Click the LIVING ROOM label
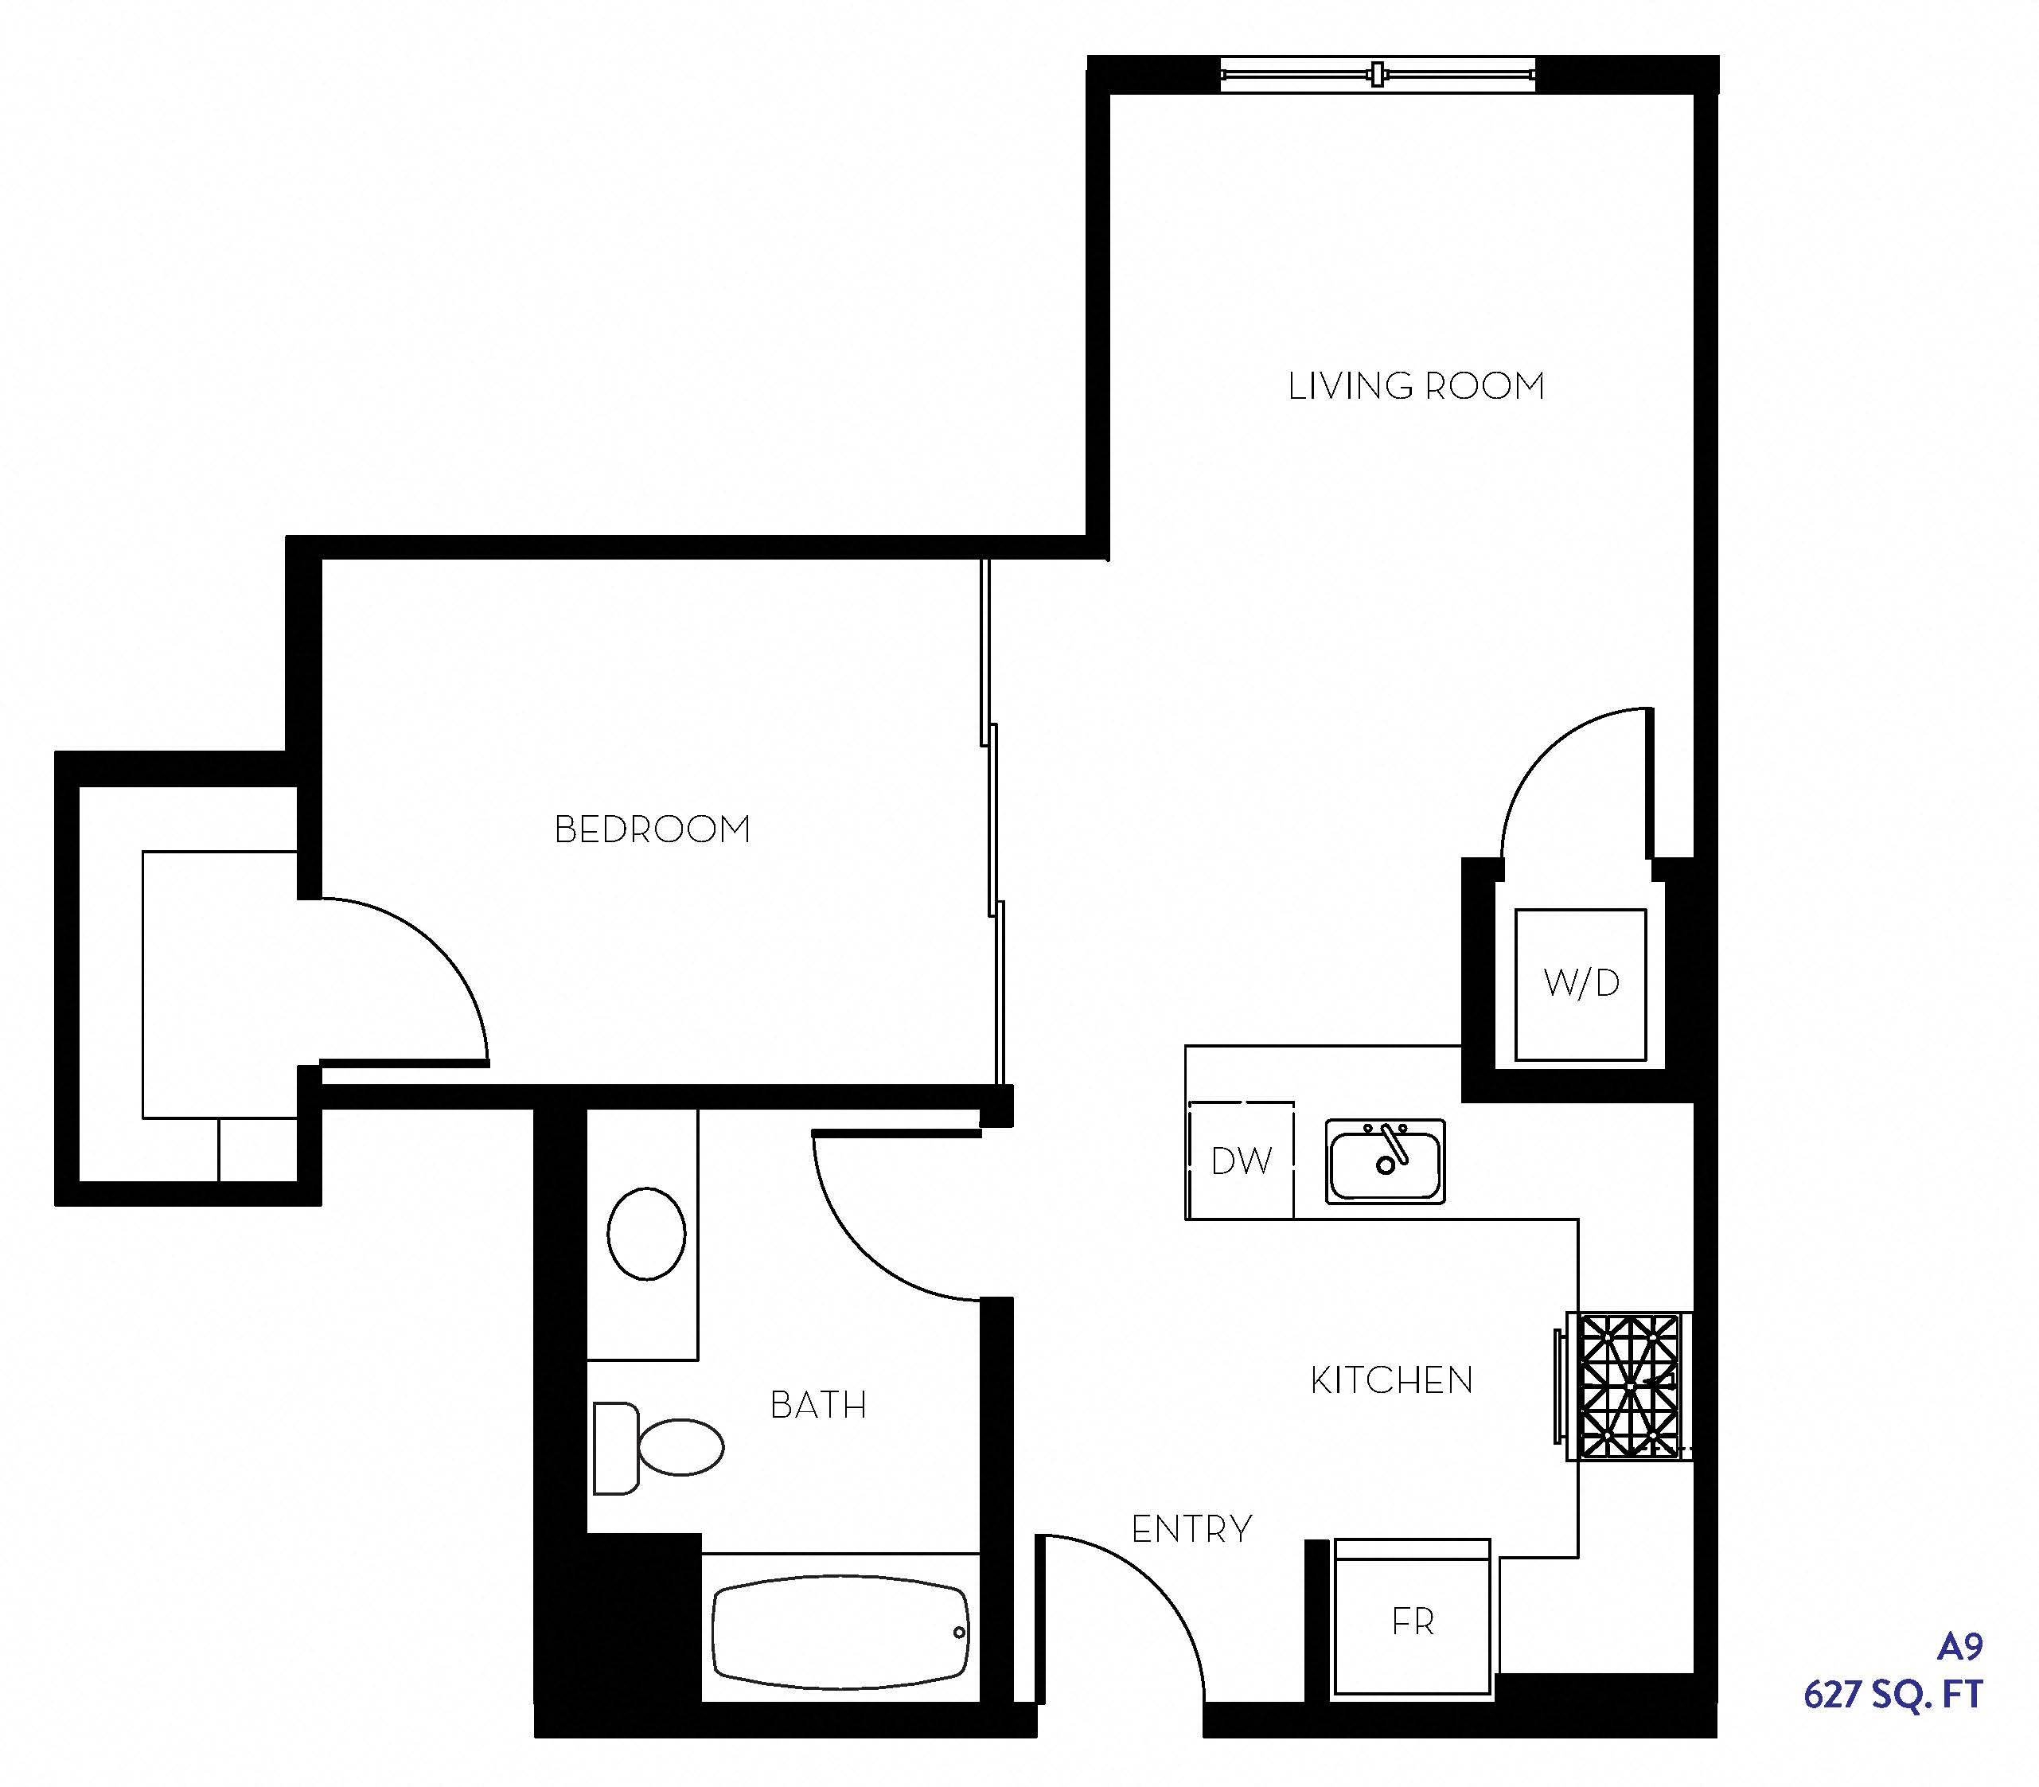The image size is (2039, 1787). [x=1416, y=386]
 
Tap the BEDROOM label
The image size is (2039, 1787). [x=652, y=829]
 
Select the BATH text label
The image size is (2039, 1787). [x=817, y=1405]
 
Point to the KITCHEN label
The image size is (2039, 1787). [x=1392, y=1380]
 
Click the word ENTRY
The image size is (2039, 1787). [x=1191, y=1529]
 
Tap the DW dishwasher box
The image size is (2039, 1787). [x=1242, y=1160]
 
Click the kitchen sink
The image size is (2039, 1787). [x=1385, y=1161]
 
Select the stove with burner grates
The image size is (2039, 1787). [x=1625, y=1386]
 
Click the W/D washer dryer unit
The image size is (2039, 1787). [x=1581, y=985]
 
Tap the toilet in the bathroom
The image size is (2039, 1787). [x=658, y=1447]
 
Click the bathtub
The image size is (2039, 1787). [x=840, y=1632]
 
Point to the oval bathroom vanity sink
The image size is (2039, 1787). [x=646, y=1234]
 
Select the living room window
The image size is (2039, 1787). [x=1378, y=74]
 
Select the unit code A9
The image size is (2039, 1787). [x=1959, y=1646]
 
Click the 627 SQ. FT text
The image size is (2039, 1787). [x=1893, y=1694]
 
